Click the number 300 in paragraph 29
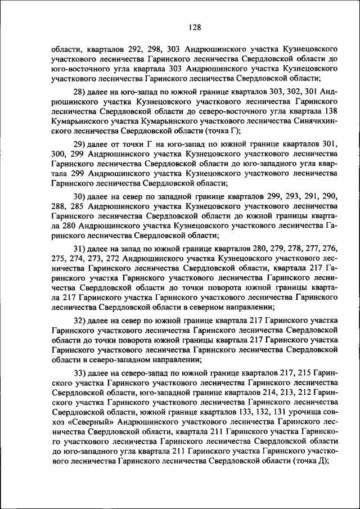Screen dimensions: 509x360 58,155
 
